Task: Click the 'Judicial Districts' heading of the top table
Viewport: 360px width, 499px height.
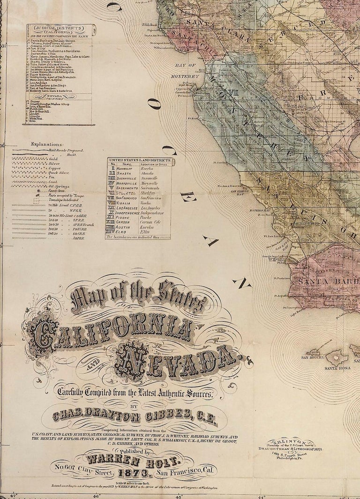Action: (59, 28)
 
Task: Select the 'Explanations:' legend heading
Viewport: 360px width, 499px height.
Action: (47, 145)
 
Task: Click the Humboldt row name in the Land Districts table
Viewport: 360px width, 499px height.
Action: (127, 168)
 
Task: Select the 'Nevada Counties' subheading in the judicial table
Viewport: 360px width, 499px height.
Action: (59, 96)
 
